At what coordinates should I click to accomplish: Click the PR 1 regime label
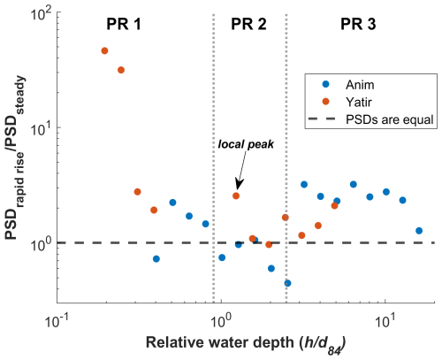point(124,24)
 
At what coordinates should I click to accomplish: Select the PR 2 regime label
point(248,24)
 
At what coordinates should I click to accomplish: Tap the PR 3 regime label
point(358,24)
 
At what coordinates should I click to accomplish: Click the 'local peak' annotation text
point(246,144)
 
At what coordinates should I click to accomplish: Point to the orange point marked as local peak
point(236,195)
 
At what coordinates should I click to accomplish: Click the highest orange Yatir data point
point(104,50)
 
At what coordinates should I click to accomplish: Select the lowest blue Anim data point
point(287,283)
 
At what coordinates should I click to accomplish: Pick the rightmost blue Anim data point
point(419,231)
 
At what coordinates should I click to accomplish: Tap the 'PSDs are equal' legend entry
point(370,119)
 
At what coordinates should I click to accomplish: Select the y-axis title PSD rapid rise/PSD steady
point(15,158)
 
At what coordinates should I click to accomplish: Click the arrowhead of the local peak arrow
point(239,185)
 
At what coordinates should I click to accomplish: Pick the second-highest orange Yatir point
point(121,70)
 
